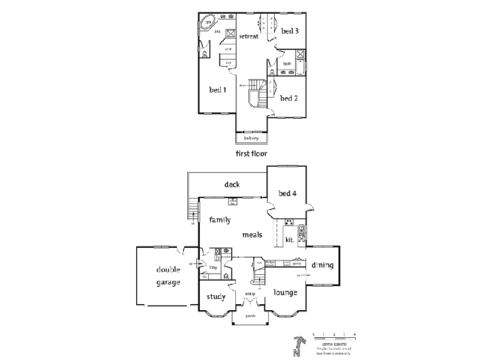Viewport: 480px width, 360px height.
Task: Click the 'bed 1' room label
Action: point(217,91)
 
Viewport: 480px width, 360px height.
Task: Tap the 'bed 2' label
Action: point(289,98)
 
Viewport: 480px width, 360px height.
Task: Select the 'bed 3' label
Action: point(290,31)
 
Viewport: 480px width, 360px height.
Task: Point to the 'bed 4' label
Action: point(287,193)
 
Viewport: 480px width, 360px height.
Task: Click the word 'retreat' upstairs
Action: point(249,37)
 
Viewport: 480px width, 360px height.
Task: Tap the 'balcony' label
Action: point(251,139)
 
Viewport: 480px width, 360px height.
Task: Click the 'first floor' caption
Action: point(251,154)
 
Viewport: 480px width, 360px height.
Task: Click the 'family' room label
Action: point(220,220)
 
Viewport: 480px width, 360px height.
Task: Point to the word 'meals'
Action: point(252,235)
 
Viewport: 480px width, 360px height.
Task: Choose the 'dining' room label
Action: point(322,265)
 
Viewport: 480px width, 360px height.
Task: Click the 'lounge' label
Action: point(286,293)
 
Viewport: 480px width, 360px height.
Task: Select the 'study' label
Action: point(216,296)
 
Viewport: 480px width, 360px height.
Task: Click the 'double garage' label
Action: point(169,275)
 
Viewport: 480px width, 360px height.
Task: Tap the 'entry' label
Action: point(250,293)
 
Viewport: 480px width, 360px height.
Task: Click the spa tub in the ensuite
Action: point(208,23)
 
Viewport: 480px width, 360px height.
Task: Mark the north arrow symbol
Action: point(296,346)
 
